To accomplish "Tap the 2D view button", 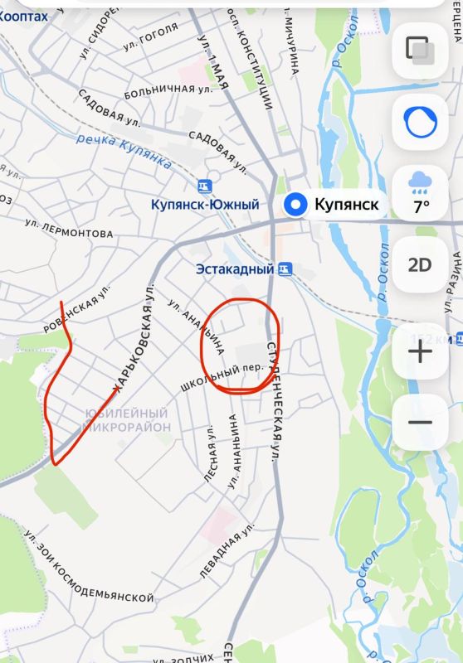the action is click(x=420, y=265).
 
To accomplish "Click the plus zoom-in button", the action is click(x=420, y=351).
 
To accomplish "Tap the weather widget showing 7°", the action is click(x=420, y=192).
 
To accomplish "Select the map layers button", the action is click(x=420, y=50).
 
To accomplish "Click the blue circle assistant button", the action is click(x=420, y=122).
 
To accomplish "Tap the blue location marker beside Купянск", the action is click(x=295, y=205).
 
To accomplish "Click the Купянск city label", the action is click(x=347, y=205).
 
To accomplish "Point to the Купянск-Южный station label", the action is click(x=205, y=205).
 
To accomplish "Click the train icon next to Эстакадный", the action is click(x=285, y=269).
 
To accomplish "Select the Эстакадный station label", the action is click(x=235, y=269).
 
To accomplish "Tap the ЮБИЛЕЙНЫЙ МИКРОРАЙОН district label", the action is click(x=126, y=420).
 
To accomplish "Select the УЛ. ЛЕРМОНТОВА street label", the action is click(x=69, y=228).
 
